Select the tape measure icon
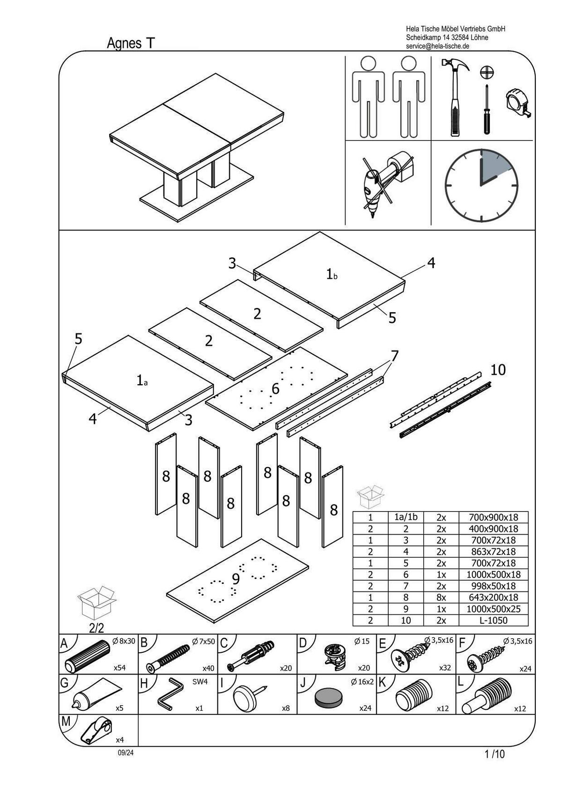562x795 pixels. point(518,103)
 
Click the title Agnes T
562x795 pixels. point(131,43)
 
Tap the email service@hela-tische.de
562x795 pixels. point(437,46)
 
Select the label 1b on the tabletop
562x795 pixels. point(331,274)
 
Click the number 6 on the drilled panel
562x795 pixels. point(275,388)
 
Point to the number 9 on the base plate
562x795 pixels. point(236,579)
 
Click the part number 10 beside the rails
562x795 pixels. point(498,370)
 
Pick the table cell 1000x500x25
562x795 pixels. point(493,609)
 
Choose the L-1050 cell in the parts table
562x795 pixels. point(493,620)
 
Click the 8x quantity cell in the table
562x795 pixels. point(441,598)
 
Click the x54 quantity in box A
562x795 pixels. point(119,668)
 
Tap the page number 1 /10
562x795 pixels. point(495,754)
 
